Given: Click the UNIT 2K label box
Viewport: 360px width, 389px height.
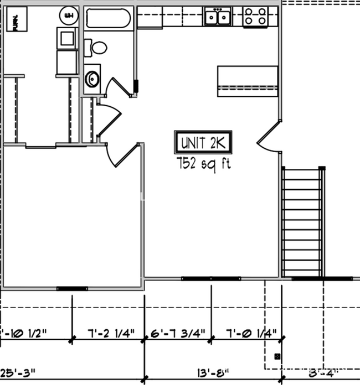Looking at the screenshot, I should pyautogui.click(x=202, y=143).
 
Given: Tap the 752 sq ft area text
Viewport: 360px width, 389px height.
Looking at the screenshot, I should pyautogui.click(x=203, y=163).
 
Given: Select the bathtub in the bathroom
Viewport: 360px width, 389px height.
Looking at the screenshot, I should pyautogui.click(x=108, y=18).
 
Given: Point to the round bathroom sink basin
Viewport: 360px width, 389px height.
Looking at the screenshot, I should pyautogui.click(x=92, y=79).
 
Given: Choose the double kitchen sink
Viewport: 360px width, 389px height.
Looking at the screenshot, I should pyautogui.click(x=218, y=17).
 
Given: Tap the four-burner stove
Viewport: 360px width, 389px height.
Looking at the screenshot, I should pyautogui.click(x=255, y=17).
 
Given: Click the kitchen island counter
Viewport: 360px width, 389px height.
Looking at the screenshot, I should pyautogui.click(x=248, y=81).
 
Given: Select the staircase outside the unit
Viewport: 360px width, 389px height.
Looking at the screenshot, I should pyautogui.click(x=302, y=221).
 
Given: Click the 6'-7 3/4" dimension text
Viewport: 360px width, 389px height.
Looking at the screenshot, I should pyautogui.click(x=178, y=334).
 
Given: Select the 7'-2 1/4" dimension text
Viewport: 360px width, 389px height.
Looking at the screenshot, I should pyautogui.click(x=111, y=334).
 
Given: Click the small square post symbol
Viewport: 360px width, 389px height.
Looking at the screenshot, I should pyautogui.click(x=277, y=356).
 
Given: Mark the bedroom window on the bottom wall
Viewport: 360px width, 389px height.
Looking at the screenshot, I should pyautogui.click(x=72, y=288).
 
